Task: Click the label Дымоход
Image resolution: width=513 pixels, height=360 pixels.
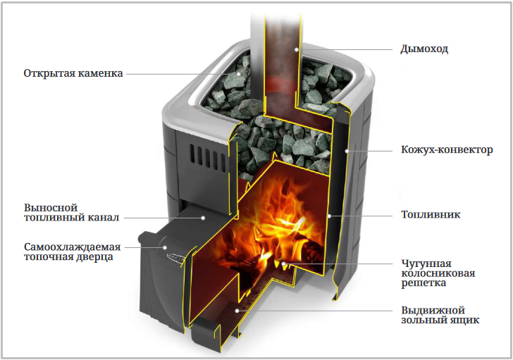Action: pyautogui.click(x=424, y=49)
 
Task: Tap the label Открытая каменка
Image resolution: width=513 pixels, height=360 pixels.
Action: pyautogui.click(x=73, y=73)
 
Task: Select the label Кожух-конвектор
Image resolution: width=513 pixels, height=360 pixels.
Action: pyautogui.click(x=447, y=150)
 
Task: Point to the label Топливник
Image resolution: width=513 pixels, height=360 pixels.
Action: pyautogui.click(x=431, y=215)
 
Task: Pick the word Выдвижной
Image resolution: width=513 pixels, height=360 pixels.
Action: pyautogui.click(x=433, y=310)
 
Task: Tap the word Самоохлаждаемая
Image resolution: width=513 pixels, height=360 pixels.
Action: pyautogui.click(x=73, y=247)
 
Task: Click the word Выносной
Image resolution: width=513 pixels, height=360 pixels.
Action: pyautogui.click(x=51, y=208)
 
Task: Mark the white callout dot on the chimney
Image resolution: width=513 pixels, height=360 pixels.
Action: pyautogui.click(x=297, y=50)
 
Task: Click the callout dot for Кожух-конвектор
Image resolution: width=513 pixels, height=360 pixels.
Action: pyautogui.click(x=346, y=151)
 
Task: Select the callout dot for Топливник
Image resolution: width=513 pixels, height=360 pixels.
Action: pyautogui.click(x=330, y=216)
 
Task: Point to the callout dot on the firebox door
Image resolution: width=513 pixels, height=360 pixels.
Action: pyautogui.click(x=165, y=247)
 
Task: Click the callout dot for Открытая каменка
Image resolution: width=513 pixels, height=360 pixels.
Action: pyautogui.click(x=239, y=74)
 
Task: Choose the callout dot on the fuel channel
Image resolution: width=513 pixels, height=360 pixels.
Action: pyautogui.click(x=203, y=218)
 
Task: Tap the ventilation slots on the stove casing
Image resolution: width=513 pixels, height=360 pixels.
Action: pyautogui.click(x=208, y=158)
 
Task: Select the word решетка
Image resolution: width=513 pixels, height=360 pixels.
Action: pyautogui.click(x=424, y=283)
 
